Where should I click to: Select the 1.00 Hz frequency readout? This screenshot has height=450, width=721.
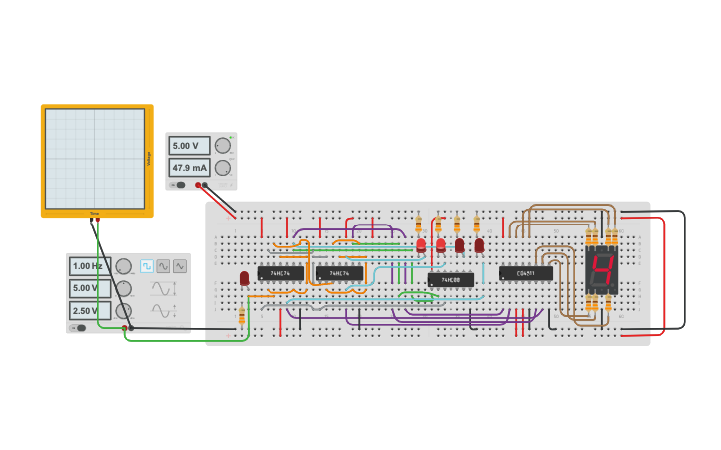(x=89, y=266)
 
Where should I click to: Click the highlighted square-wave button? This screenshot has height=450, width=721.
(x=147, y=266)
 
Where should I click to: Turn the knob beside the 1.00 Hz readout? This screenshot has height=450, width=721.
(x=123, y=266)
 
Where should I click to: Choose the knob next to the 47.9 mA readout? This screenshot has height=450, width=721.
(x=222, y=168)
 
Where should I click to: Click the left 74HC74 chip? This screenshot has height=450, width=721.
(x=280, y=273)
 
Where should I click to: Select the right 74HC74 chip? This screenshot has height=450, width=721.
(x=339, y=273)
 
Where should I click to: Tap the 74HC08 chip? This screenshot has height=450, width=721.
(x=451, y=280)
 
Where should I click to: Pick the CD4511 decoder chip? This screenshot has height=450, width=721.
(x=526, y=273)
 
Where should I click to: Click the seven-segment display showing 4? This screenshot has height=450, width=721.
(x=602, y=270)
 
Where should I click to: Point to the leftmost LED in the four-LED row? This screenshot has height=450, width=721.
(x=421, y=244)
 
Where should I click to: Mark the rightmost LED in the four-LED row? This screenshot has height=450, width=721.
(x=479, y=244)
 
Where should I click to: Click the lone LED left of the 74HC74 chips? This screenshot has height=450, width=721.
(x=244, y=278)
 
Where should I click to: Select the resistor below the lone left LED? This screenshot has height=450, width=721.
(x=241, y=315)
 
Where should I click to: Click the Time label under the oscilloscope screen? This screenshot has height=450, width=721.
(x=95, y=213)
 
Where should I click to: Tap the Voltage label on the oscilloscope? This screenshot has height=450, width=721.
(x=149, y=158)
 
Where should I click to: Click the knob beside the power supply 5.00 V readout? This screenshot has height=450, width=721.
(x=222, y=145)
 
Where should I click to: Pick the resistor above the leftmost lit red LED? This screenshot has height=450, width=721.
(x=419, y=224)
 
